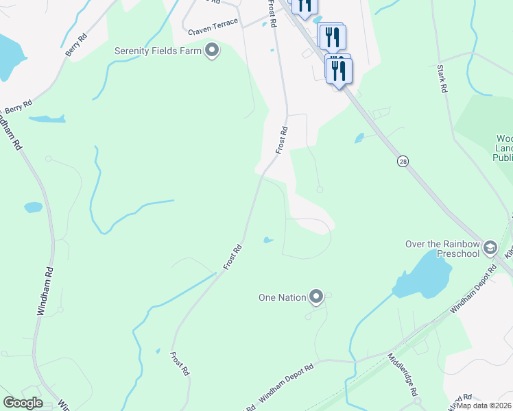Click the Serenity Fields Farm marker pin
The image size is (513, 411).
(x=211, y=51)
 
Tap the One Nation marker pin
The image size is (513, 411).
(x=316, y=297)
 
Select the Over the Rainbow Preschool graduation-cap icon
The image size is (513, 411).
(x=490, y=247)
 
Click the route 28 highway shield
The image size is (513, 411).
(x=403, y=160)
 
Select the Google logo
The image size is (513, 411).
(x=23, y=403)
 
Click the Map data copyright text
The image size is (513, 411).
(x=484, y=406)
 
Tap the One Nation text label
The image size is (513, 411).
(x=281, y=297)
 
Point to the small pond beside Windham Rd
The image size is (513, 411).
(x=33, y=207)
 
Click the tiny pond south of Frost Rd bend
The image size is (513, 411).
(x=267, y=240)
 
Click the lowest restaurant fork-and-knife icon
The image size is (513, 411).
(x=339, y=71)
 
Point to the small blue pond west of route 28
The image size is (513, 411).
(x=359, y=138)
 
